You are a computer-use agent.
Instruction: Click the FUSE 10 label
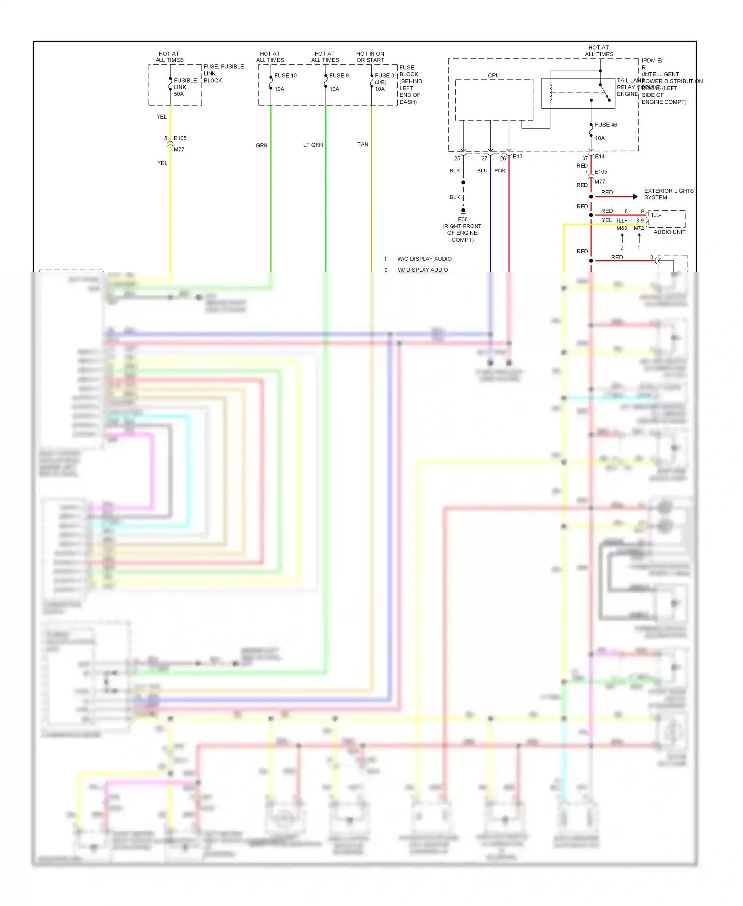pyautogui.click(x=285, y=76)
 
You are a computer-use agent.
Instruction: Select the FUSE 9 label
pyautogui.click(x=339, y=76)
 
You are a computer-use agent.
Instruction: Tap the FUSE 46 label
pyautogui.click(x=606, y=125)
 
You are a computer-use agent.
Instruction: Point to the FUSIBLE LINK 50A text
pyautogui.click(x=185, y=87)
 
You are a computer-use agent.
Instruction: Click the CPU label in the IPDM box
pyautogui.click(x=494, y=76)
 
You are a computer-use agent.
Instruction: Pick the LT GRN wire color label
pyautogui.click(x=313, y=145)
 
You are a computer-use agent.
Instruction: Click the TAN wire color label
pyautogui.click(x=363, y=145)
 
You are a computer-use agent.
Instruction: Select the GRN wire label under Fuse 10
pyautogui.click(x=262, y=146)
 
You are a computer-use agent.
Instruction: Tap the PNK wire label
pyautogui.click(x=500, y=171)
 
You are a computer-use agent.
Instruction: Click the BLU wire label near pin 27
pyautogui.click(x=482, y=171)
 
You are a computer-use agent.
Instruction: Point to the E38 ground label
pyautogui.click(x=463, y=219)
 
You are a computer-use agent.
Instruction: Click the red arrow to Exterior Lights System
pyautogui.click(x=635, y=197)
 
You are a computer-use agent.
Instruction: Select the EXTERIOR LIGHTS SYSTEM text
pyautogui.click(x=668, y=194)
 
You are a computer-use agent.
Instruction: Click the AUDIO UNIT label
pyautogui.click(x=669, y=232)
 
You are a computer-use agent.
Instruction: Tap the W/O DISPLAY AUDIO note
pyautogui.click(x=424, y=259)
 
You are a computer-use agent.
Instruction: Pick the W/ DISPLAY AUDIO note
pyautogui.click(x=423, y=270)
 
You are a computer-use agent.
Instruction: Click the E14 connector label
pyautogui.click(x=600, y=157)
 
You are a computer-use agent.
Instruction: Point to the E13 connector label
pyautogui.click(x=517, y=157)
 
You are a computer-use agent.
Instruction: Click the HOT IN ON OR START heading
pyautogui.click(x=370, y=57)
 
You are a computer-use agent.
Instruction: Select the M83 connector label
pyautogui.click(x=622, y=228)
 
